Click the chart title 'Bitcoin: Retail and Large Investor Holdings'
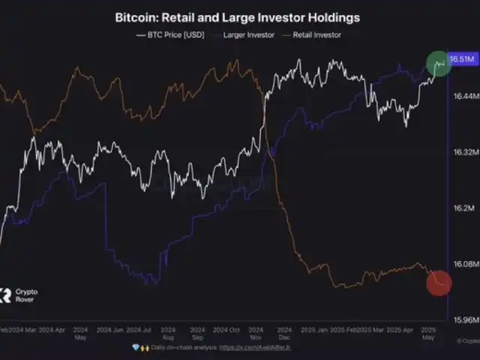pyautogui.click(x=237, y=16)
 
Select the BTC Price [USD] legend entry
pyautogui.click(x=171, y=34)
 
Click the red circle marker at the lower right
pyautogui.click(x=439, y=283)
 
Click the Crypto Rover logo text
pyautogui.click(x=27, y=295)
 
